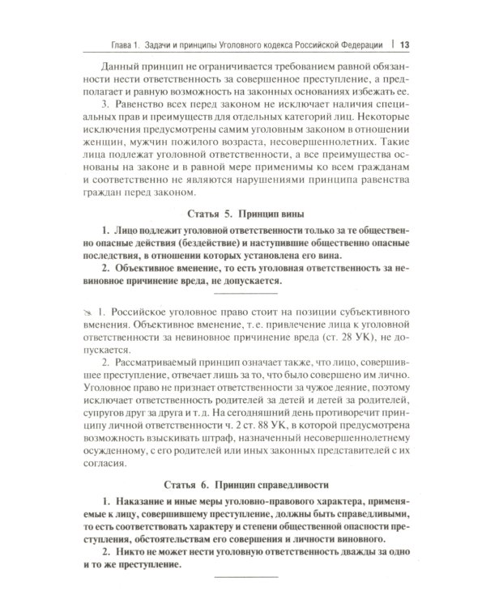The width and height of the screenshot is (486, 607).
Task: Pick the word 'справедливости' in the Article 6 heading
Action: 288,463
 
